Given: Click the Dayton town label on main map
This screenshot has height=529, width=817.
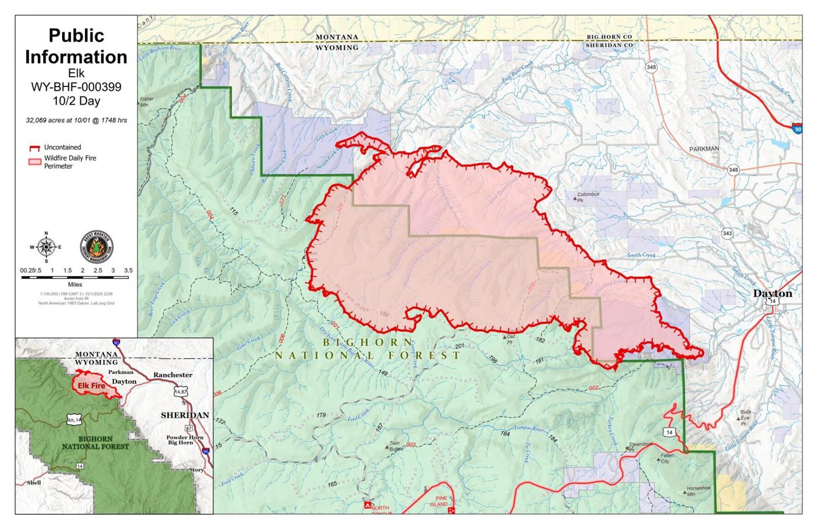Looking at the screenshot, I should (x=772, y=293).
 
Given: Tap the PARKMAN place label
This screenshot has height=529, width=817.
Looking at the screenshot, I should (x=703, y=149).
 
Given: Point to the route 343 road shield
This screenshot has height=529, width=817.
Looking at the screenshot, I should (x=727, y=233).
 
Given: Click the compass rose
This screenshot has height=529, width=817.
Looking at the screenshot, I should (x=46, y=247).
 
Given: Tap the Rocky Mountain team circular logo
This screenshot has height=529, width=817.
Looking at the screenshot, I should (x=97, y=248).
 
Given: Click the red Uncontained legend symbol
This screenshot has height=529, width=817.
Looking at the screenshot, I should (x=35, y=148).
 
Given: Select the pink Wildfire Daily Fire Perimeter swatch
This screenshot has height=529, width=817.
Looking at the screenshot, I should (x=35, y=162).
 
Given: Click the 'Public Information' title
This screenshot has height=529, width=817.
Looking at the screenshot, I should (x=75, y=46).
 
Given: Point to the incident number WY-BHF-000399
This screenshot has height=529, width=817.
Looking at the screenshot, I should (x=75, y=87).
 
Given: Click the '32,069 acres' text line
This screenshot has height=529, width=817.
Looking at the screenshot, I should (x=75, y=121).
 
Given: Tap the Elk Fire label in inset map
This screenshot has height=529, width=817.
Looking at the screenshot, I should (x=91, y=386).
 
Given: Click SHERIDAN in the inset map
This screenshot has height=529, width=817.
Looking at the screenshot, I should (x=185, y=415).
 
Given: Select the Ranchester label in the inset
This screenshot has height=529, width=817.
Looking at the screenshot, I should (x=173, y=375).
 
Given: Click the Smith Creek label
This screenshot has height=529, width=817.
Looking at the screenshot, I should (x=641, y=255).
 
